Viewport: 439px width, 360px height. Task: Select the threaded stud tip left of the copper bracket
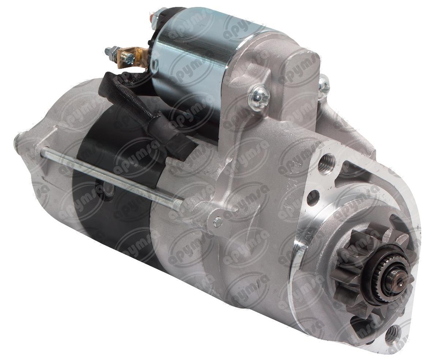click(x=108, y=51)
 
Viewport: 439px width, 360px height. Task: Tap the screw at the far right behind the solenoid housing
click(x=324, y=86)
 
